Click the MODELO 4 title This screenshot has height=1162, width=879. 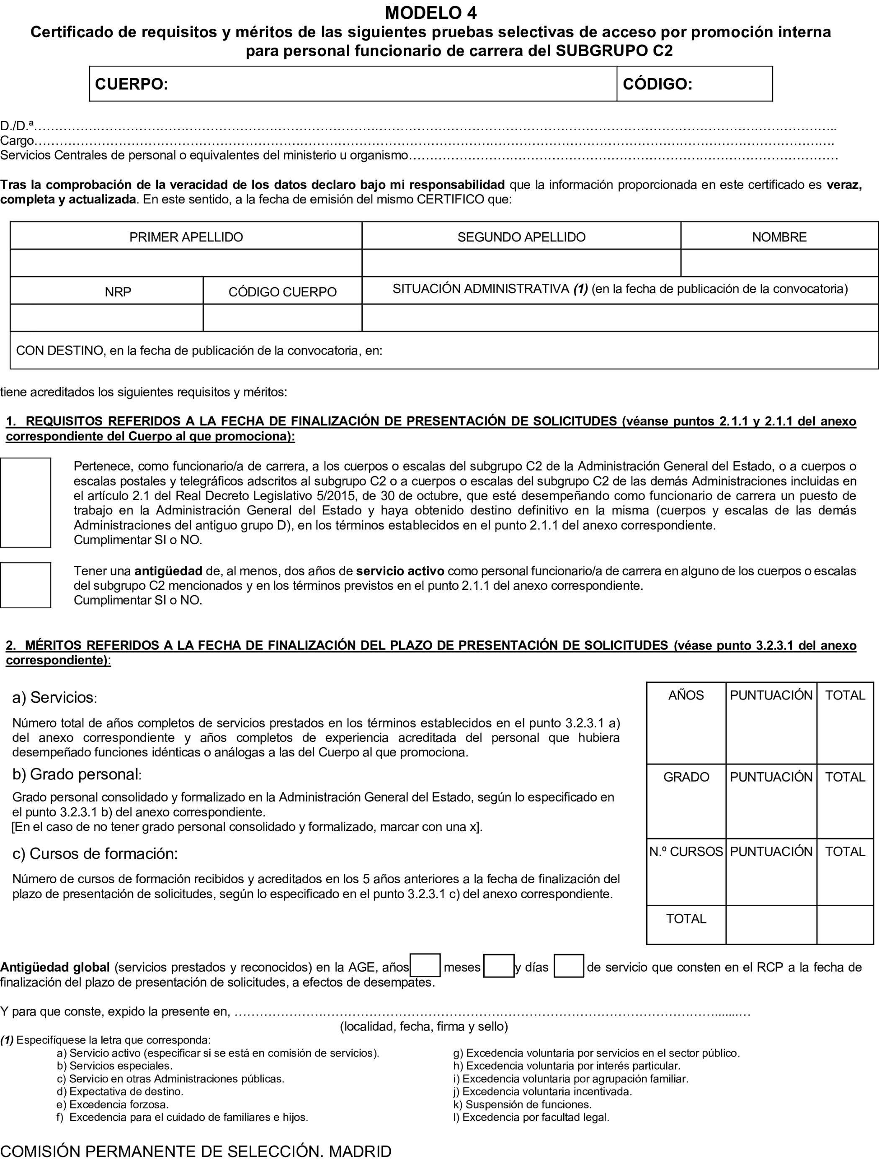430,12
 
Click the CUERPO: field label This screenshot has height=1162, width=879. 131,84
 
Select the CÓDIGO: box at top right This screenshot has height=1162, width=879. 693,84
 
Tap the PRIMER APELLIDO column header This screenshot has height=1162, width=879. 186,237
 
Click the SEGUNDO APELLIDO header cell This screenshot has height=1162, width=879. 521,237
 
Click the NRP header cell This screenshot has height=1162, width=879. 118,292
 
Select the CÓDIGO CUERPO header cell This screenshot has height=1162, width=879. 282,292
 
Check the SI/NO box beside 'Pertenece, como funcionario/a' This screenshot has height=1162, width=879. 25,502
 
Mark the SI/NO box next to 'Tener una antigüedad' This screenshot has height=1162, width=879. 25,585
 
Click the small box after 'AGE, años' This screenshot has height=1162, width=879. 425,966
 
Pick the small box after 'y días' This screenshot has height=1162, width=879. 569,966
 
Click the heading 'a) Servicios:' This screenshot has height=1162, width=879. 54,698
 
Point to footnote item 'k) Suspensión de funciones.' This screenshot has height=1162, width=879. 522,1104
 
